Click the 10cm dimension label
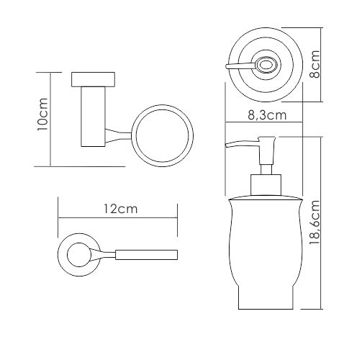[x=42, y=114]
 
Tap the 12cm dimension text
[x=121, y=209]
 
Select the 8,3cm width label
[x=267, y=115]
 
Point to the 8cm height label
[x=315, y=64]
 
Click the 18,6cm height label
[x=315, y=222]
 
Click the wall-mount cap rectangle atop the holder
[x=93, y=79]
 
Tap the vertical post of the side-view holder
[x=93, y=117]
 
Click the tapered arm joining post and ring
[x=118, y=136]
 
